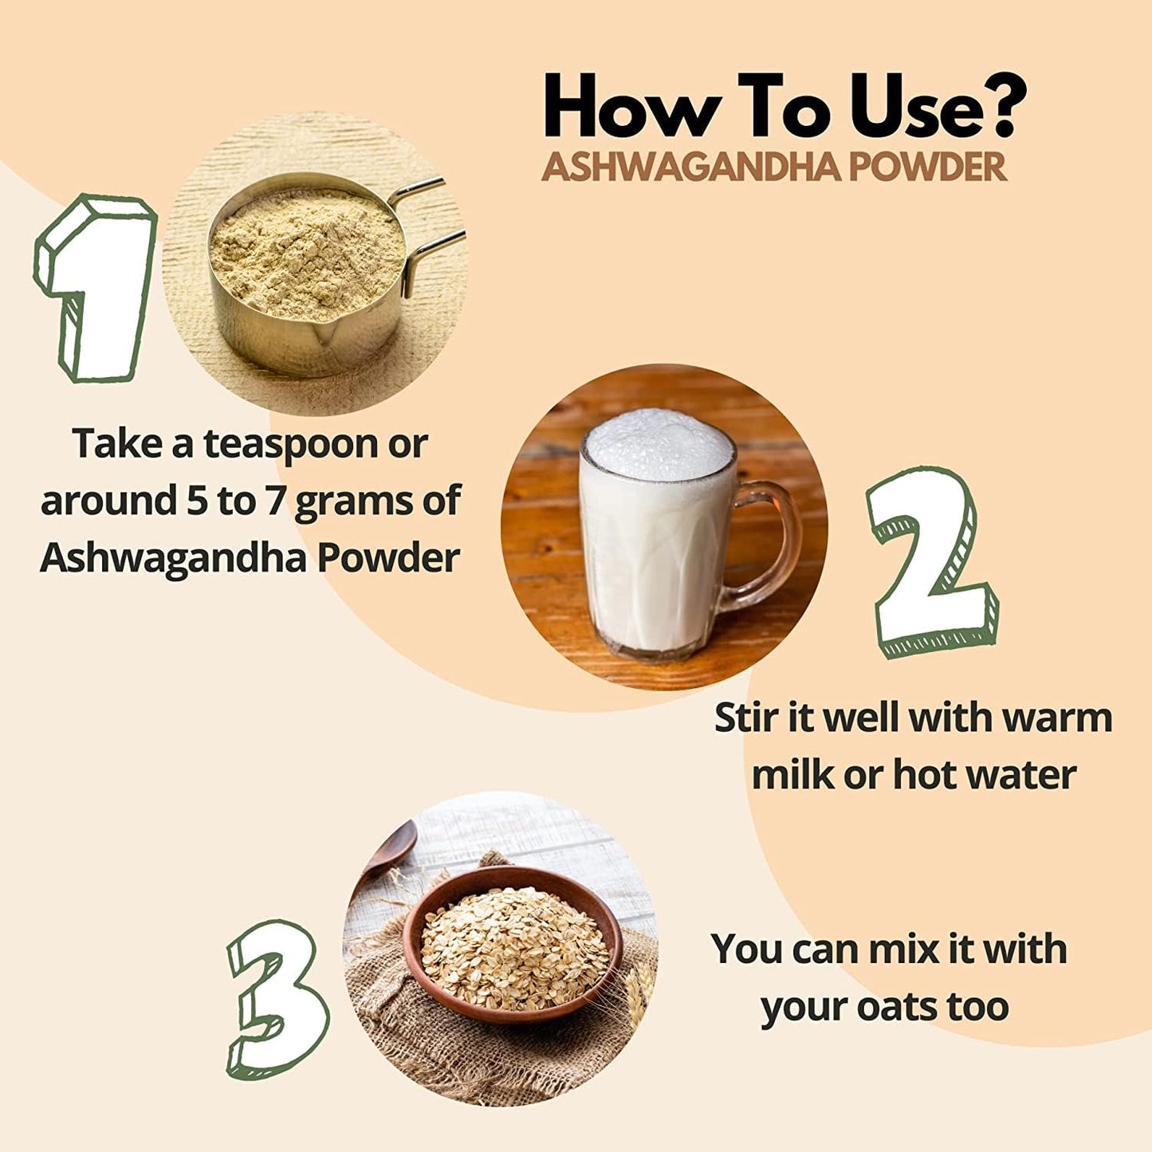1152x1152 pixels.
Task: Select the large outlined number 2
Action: (x=933, y=562)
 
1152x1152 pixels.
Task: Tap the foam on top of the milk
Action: (x=659, y=443)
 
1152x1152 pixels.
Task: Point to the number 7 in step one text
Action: (x=273, y=501)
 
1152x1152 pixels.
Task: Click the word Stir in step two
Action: (x=742, y=718)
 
